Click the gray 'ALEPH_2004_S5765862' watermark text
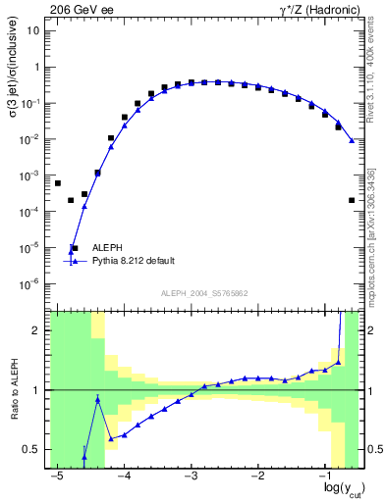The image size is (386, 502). tap(203, 293)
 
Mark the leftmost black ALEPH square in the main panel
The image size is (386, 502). tap(58, 183)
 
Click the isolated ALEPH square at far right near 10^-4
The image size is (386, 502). tap(351, 200)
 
